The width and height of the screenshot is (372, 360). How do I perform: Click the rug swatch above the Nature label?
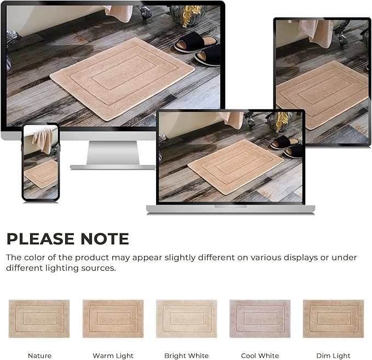click(x=39, y=318)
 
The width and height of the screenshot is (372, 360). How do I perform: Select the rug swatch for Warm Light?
click(x=113, y=318)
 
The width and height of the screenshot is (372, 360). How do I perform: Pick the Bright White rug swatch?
click(x=186, y=318)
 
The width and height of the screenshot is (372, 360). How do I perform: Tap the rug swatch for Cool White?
click(x=260, y=318)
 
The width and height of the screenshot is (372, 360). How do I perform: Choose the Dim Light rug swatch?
click(x=333, y=318)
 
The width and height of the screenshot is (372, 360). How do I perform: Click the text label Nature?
click(x=39, y=356)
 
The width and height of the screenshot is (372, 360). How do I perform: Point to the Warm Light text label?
click(x=113, y=356)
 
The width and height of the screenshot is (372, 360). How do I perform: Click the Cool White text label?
click(x=260, y=356)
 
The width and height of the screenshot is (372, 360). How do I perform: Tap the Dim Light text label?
click(x=333, y=356)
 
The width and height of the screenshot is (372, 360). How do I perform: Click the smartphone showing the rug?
click(x=41, y=162)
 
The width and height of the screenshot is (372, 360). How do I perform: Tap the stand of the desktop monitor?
click(x=113, y=154)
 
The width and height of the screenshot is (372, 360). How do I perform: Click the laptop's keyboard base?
click(x=230, y=209)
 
